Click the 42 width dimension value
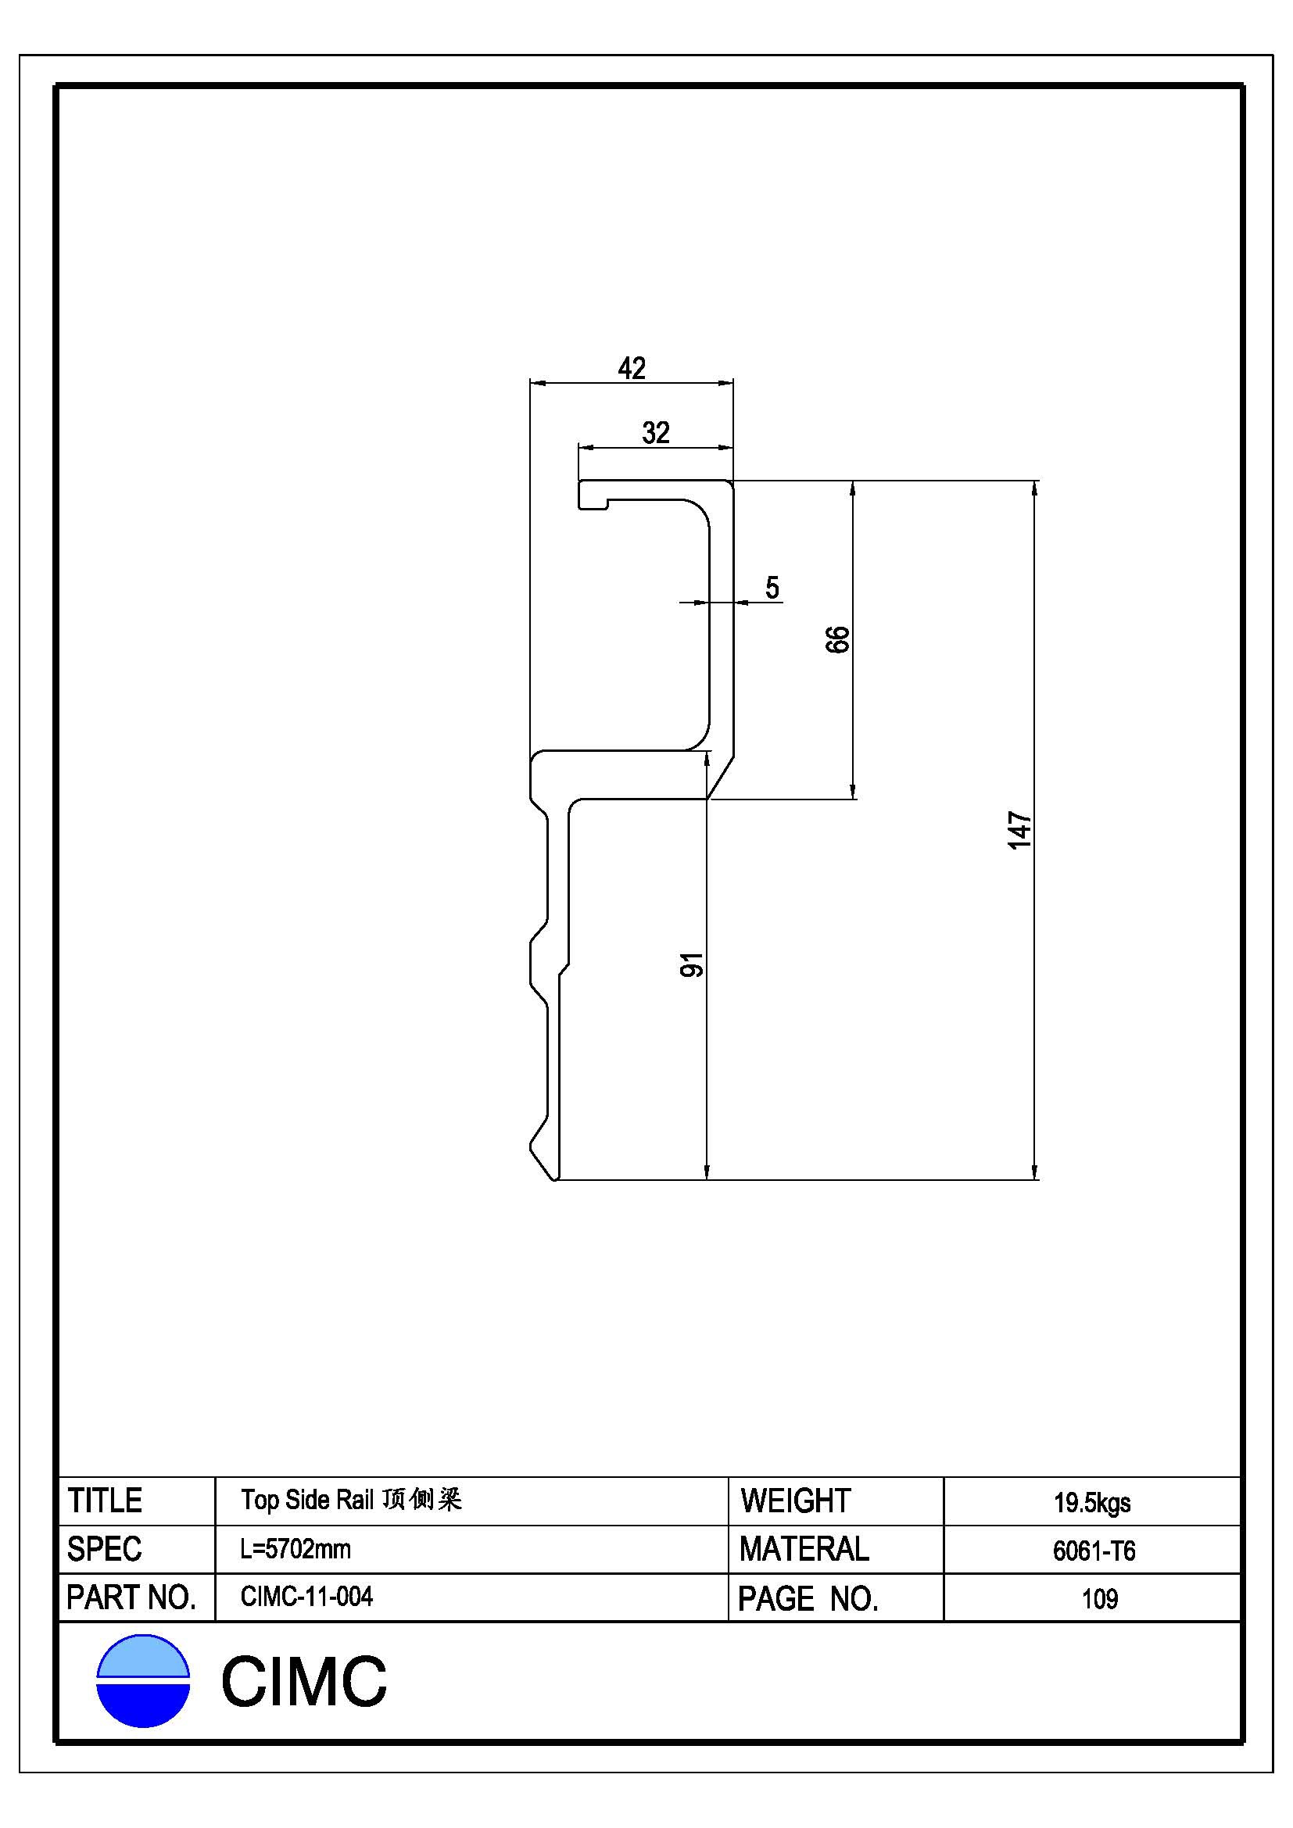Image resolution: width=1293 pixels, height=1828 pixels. [x=632, y=368]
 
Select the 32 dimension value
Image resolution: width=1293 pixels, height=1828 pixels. [x=655, y=433]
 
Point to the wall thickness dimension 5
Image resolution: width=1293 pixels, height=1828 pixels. [x=772, y=588]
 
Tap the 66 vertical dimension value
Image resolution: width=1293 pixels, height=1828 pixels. [x=837, y=639]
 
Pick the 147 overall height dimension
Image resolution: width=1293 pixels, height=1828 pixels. [x=1019, y=831]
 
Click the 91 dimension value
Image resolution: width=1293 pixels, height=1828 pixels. [x=691, y=965]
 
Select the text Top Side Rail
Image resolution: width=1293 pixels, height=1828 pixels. [x=306, y=1500]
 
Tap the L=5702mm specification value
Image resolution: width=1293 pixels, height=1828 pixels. [x=295, y=1549]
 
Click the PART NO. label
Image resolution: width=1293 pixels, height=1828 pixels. [x=131, y=1598]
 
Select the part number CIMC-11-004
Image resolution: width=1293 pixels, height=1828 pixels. [x=306, y=1597]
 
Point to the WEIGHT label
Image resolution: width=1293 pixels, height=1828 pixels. [x=795, y=1501]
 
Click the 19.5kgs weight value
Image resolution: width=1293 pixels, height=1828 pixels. [x=1092, y=1503]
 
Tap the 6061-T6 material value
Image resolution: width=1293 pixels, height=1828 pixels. [x=1094, y=1551]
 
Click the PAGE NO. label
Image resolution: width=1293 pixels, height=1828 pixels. [x=808, y=1599]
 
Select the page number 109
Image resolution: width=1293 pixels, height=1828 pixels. [x=1100, y=1599]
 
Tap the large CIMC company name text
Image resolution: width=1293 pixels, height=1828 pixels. [x=303, y=1683]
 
